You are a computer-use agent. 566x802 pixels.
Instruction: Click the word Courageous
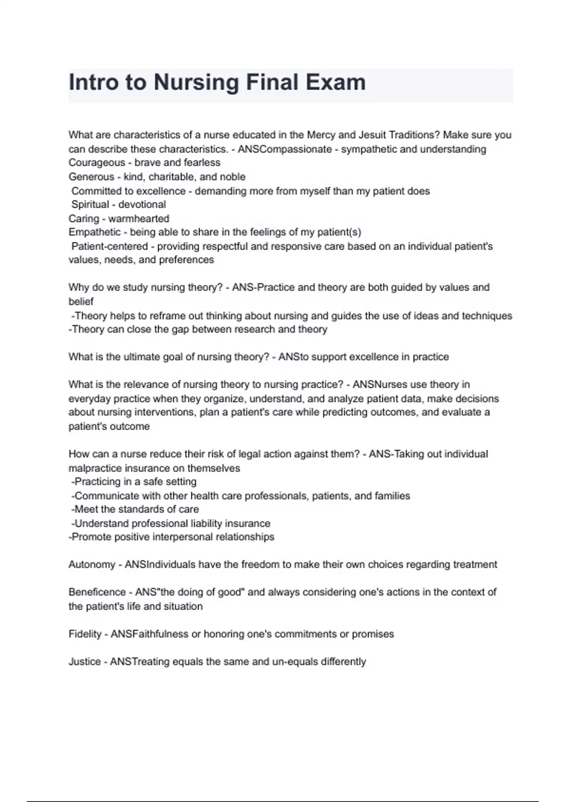97,163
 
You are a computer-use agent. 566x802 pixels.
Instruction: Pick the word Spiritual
90,205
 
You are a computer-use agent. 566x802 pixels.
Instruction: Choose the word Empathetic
94,232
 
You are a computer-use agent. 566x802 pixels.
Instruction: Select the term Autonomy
92,565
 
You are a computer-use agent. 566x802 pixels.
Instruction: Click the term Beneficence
97,592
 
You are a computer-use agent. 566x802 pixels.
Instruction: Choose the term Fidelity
85,634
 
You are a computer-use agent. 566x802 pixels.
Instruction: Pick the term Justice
84,662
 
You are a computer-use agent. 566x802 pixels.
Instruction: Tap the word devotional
142,205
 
